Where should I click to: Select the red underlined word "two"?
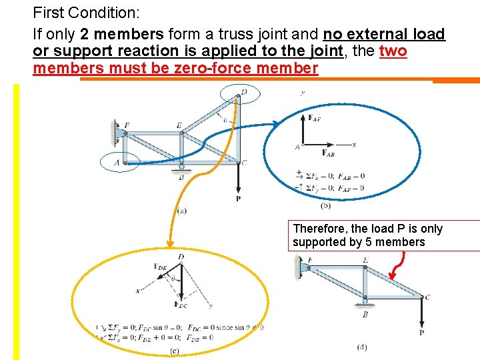point(393,51)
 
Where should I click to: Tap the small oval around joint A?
point(119,162)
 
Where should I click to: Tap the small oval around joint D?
point(239,95)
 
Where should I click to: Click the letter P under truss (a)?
point(239,199)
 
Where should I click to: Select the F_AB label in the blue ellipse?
point(328,153)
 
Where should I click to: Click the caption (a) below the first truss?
point(181,211)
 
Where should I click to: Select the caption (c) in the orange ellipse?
point(174,351)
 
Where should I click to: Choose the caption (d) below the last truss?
point(363,347)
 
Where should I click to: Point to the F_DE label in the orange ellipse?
point(161,267)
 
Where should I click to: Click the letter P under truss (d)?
point(421,333)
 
